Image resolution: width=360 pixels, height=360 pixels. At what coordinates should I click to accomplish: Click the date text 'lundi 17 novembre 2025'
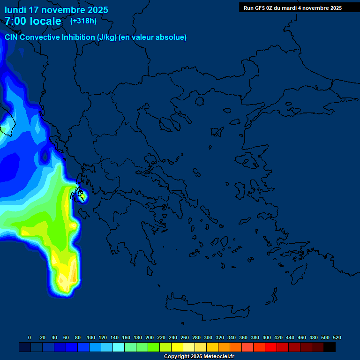(56, 10)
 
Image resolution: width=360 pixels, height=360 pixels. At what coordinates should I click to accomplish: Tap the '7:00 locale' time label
(33, 21)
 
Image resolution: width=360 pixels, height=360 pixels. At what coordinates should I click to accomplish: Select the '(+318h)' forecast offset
(83, 21)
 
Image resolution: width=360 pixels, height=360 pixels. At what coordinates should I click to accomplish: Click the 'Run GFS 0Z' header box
(292, 8)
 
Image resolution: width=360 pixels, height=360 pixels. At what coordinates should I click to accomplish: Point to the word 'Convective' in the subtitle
(40, 37)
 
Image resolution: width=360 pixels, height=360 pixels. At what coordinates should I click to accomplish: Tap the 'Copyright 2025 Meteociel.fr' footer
(199, 357)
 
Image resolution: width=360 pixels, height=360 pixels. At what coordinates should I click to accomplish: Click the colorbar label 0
(30, 337)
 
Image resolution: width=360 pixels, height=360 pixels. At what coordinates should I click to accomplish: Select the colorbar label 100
(90, 337)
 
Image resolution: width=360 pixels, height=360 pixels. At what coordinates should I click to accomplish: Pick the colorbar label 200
(150, 337)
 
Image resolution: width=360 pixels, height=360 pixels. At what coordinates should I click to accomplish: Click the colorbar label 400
(267, 337)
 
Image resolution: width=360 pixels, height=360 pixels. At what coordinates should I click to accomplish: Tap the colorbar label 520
(337, 337)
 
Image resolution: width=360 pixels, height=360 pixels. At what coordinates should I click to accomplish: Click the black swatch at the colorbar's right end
(330, 347)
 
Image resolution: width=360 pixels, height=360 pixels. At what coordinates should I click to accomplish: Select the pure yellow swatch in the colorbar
(177, 347)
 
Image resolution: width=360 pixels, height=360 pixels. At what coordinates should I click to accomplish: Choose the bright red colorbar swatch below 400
(271, 347)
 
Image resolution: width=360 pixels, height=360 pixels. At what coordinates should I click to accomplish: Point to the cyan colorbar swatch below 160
(119, 347)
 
